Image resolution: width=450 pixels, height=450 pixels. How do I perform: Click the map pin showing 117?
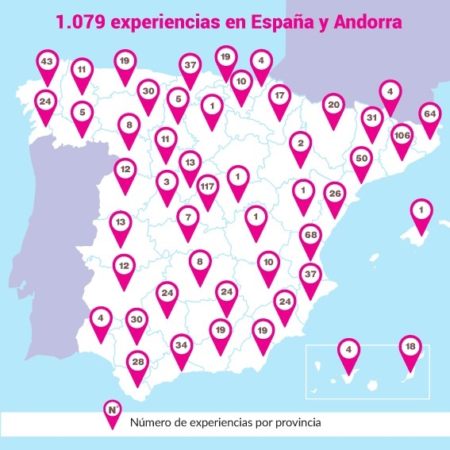(208, 188)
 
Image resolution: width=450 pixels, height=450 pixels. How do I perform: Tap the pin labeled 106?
(402, 136)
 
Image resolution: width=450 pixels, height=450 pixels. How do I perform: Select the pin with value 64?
(430, 114)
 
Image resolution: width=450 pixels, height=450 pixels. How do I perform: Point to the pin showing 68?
(311, 237)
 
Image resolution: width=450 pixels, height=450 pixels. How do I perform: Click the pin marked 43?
(47, 61)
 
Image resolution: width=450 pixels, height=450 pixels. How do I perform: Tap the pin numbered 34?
(181, 346)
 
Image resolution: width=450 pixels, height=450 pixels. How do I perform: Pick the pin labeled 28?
(139, 363)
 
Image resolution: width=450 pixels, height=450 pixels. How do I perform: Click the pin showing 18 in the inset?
(410, 348)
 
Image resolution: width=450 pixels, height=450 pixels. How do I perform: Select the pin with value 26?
(335, 194)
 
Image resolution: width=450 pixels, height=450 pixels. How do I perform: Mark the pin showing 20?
(333, 105)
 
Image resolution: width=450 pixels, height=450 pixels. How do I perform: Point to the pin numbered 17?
(279, 97)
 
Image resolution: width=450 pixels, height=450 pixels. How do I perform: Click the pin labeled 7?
(188, 217)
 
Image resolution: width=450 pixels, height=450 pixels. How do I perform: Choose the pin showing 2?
(300, 144)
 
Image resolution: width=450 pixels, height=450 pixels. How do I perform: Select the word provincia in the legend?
(294, 421)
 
